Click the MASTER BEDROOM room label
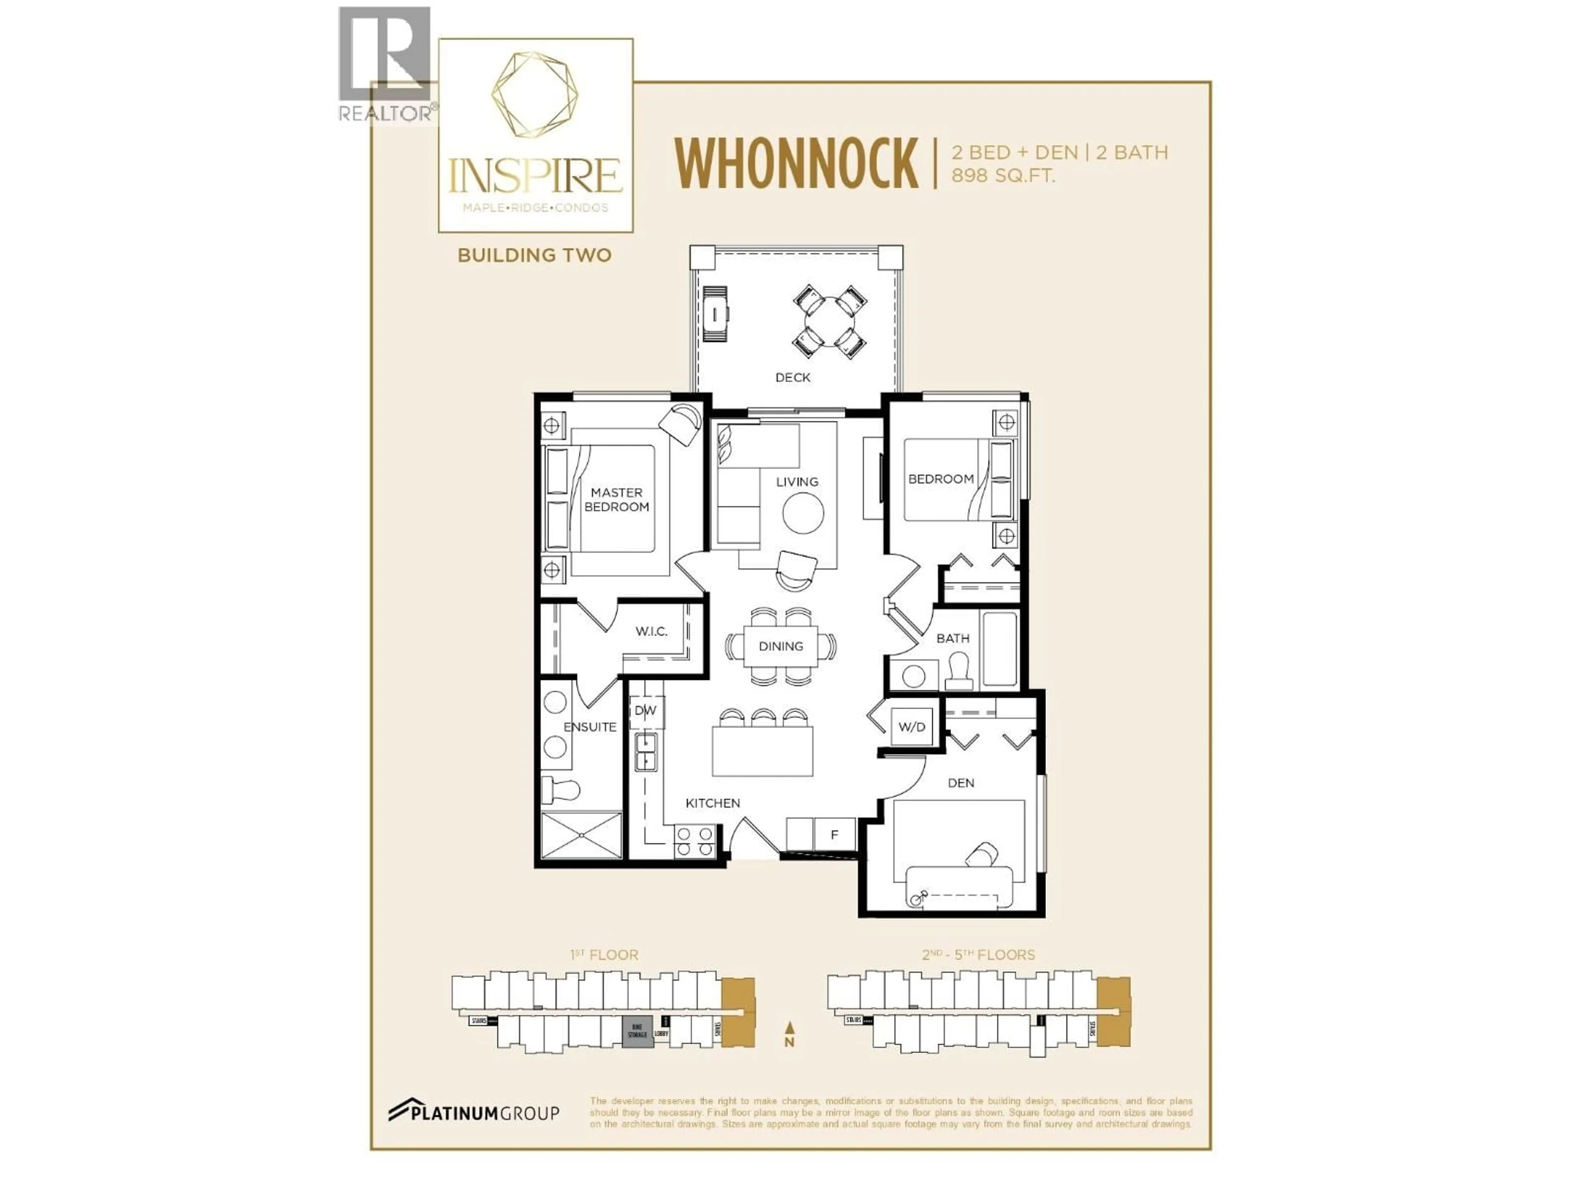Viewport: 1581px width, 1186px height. (616, 500)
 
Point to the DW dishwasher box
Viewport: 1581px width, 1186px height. (646, 711)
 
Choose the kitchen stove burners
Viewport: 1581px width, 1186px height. (695, 841)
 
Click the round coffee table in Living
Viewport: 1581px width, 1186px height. (803, 513)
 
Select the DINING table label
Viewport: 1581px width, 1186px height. (781, 646)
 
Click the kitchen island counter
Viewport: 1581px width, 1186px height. (762, 751)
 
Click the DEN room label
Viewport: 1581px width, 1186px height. (961, 783)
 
